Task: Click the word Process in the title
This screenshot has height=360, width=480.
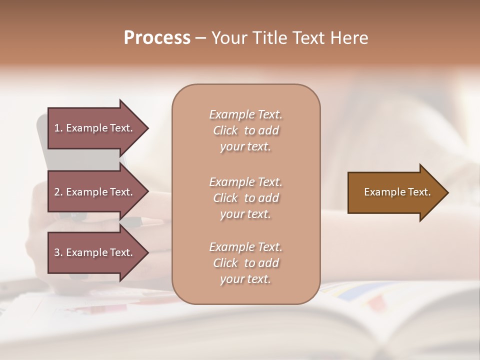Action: (157, 38)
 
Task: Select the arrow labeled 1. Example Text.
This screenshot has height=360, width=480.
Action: (95, 128)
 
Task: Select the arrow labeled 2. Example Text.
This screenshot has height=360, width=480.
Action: (95, 192)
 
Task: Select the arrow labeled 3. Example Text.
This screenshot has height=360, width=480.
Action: (95, 252)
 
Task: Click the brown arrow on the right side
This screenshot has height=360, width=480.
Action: (395, 192)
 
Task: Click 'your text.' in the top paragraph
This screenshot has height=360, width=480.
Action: (245, 147)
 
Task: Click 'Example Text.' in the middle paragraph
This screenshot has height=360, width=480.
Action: (245, 181)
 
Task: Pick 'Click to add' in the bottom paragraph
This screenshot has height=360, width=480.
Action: (245, 263)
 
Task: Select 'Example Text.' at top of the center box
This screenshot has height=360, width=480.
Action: (245, 114)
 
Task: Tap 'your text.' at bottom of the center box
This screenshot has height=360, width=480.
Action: (245, 279)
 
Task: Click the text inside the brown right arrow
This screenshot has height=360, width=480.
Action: (397, 192)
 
